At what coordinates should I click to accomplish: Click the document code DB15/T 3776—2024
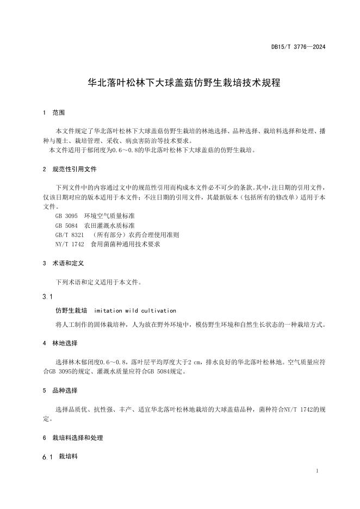[x=298, y=47]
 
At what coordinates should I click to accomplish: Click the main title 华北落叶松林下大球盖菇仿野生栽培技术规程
[x=180, y=84]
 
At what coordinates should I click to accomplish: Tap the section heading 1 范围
[x=54, y=113]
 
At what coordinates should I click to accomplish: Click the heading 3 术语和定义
[x=63, y=263]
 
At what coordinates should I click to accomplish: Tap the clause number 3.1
[x=47, y=297]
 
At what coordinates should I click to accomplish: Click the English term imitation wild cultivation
[x=135, y=311]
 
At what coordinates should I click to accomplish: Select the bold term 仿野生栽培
[x=71, y=311]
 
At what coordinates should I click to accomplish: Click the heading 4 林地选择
[x=60, y=344]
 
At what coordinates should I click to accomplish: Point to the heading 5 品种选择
[x=60, y=390]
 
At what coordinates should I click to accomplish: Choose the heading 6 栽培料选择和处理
[x=72, y=438]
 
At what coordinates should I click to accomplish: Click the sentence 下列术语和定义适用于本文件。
[x=98, y=282]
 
